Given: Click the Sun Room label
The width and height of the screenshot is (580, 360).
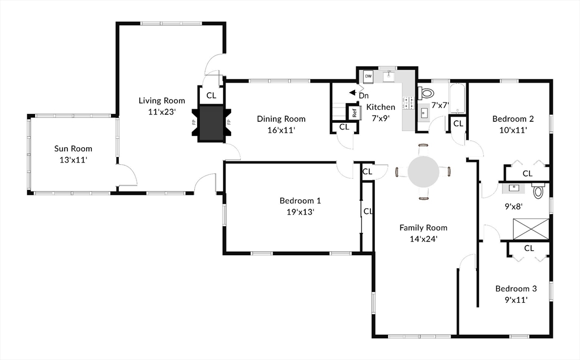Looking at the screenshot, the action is click(73, 148).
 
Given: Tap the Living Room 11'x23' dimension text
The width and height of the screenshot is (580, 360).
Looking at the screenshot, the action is click(161, 112).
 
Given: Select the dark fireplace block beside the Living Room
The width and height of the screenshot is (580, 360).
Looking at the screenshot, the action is click(211, 123).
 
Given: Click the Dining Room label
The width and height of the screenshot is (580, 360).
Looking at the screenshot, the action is click(281, 119).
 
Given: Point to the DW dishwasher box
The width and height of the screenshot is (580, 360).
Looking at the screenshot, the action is click(368, 76).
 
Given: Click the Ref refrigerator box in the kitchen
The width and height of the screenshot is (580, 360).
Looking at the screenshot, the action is click(355, 113).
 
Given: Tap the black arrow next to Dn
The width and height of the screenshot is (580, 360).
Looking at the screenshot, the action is click(353, 92).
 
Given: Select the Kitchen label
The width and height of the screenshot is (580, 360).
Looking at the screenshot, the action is click(381, 107).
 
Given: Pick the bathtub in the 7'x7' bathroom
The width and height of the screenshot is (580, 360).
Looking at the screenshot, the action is click(458, 98).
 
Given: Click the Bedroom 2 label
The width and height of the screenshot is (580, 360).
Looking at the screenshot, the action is click(513, 119).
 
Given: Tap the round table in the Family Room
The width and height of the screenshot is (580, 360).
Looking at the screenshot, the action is click(424, 172).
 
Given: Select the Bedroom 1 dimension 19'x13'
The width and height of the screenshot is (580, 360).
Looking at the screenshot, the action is click(300, 212).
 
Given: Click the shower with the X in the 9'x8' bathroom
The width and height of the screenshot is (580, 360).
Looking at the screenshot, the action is click(531, 229).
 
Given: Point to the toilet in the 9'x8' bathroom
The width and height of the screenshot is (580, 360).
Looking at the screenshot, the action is click(538, 190).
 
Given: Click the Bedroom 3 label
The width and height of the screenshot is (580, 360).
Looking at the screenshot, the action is click(516, 289).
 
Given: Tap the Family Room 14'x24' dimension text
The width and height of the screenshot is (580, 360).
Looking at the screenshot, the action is click(424, 239).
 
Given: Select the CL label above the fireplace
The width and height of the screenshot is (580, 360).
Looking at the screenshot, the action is click(211, 95).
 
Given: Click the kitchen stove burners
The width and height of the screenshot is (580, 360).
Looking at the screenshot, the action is click(408, 102).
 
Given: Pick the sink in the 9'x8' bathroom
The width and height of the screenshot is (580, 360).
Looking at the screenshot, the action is click(514, 188).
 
